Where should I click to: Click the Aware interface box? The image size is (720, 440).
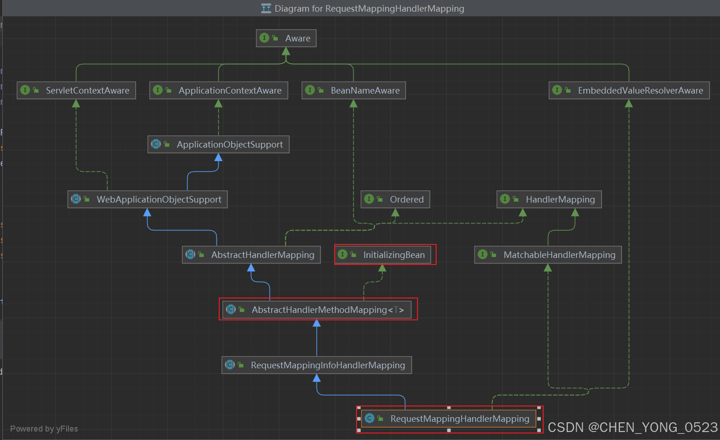click(x=286, y=38)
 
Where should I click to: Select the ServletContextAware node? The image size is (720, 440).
click(x=76, y=90)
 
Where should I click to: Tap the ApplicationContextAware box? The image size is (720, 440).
click(x=219, y=90)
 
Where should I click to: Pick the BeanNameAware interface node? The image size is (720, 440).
click(x=354, y=90)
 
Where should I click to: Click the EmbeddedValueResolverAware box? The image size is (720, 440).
click(x=629, y=90)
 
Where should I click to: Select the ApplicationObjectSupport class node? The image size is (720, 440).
click(x=218, y=144)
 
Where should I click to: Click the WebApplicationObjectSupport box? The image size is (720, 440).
click(x=148, y=199)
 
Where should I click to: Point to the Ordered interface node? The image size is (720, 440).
click(x=396, y=199)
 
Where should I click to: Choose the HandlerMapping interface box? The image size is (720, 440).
click(x=549, y=199)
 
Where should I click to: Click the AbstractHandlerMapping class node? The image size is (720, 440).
click(x=251, y=255)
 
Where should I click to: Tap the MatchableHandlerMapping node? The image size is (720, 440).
click(x=548, y=255)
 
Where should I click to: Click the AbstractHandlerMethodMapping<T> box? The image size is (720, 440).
click(x=317, y=310)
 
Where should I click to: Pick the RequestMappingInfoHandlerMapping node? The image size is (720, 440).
click(x=317, y=365)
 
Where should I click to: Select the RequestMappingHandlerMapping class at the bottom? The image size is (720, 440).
click(x=449, y=419)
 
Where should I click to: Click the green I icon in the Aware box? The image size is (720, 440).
click(x=264, y=38)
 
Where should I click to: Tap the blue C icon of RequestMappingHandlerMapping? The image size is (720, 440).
click(x=370, y=418)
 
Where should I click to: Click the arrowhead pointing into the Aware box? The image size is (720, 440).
click(x=286, y=51)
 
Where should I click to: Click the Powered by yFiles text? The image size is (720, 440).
click(x=44, y=429)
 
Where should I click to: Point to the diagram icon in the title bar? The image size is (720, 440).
click(x=266, y=8)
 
